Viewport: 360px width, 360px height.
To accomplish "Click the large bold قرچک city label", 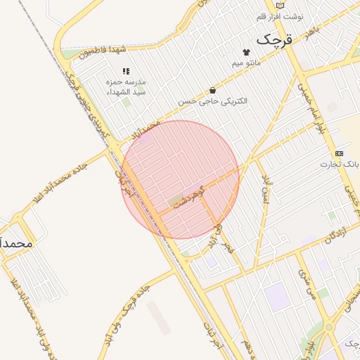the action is tap(272, 40).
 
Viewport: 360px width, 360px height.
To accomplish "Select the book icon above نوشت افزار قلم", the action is tap(280, 6).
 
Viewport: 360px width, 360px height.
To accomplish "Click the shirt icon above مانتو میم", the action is tap(246, 52).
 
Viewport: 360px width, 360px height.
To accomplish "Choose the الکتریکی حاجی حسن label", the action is tap(212, 101).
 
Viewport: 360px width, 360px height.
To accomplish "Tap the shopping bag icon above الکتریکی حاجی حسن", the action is tap(212, 90).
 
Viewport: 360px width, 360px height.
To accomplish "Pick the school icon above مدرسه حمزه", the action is tap(126, 71).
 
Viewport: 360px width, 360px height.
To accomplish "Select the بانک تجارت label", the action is tap(340, 165).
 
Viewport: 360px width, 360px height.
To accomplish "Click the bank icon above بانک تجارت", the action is tap(340, 153).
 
